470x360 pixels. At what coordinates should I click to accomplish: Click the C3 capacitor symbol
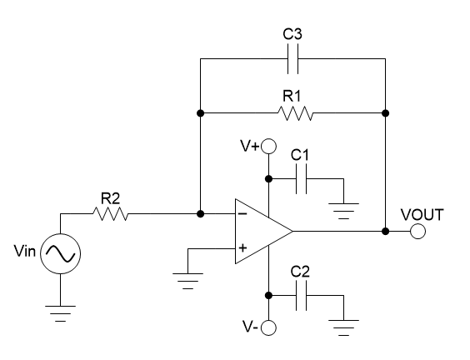pos(292,60)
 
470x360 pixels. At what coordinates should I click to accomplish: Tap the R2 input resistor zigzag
pos(110,214)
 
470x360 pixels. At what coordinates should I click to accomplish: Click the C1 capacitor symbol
pos(301,177)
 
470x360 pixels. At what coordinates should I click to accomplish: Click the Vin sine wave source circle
pos(62,251)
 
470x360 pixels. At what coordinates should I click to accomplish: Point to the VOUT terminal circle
pos(418,231)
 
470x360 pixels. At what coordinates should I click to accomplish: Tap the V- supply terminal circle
pos(268,327)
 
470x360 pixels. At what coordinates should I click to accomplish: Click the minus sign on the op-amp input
pos(243,214)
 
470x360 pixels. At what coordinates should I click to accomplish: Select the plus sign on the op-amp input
pos(243,247)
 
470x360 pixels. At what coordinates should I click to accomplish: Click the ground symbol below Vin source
pos(62,314)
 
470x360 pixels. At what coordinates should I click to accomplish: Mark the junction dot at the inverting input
pos(201,214)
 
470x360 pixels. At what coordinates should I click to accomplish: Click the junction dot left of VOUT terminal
pos(385,231)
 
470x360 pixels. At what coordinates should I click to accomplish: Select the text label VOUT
pos(422,214)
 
